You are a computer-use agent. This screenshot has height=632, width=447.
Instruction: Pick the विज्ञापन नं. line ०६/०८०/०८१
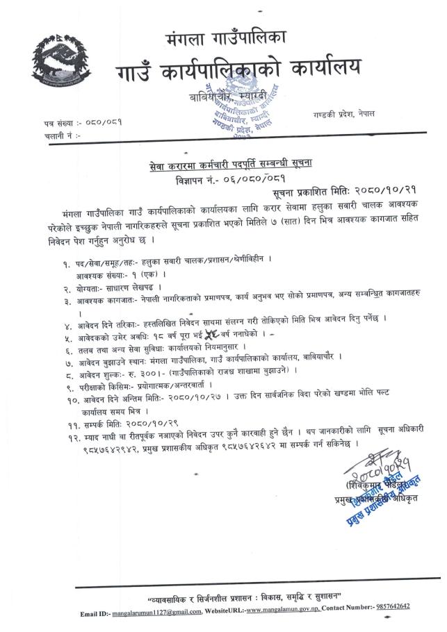225,179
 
